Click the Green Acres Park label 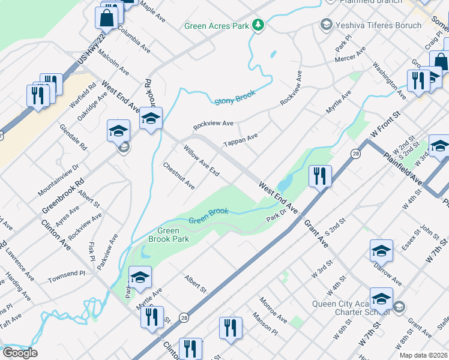click(x=216, y=26)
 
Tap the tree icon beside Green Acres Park click(x=258, y=25)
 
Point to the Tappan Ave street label click(x=240, y=140)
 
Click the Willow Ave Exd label click(x=201, y=160)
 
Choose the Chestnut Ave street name click(x=179, y=176)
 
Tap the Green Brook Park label click(x=173, y=235)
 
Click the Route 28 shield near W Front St click(x=355, y=154)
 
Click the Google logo click(x=20, y=353)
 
